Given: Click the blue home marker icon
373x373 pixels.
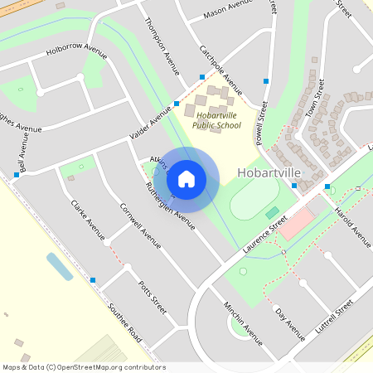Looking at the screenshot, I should [186, 179].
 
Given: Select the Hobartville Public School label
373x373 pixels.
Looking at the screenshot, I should [216, 120].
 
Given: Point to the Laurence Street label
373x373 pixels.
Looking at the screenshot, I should [264, 235].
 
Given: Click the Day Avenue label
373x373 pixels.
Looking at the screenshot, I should [291, 326].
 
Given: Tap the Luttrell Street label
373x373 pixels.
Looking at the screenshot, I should [335, 319].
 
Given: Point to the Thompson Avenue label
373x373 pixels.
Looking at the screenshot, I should [161, 46].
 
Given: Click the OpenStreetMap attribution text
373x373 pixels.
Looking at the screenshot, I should [84, 366].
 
